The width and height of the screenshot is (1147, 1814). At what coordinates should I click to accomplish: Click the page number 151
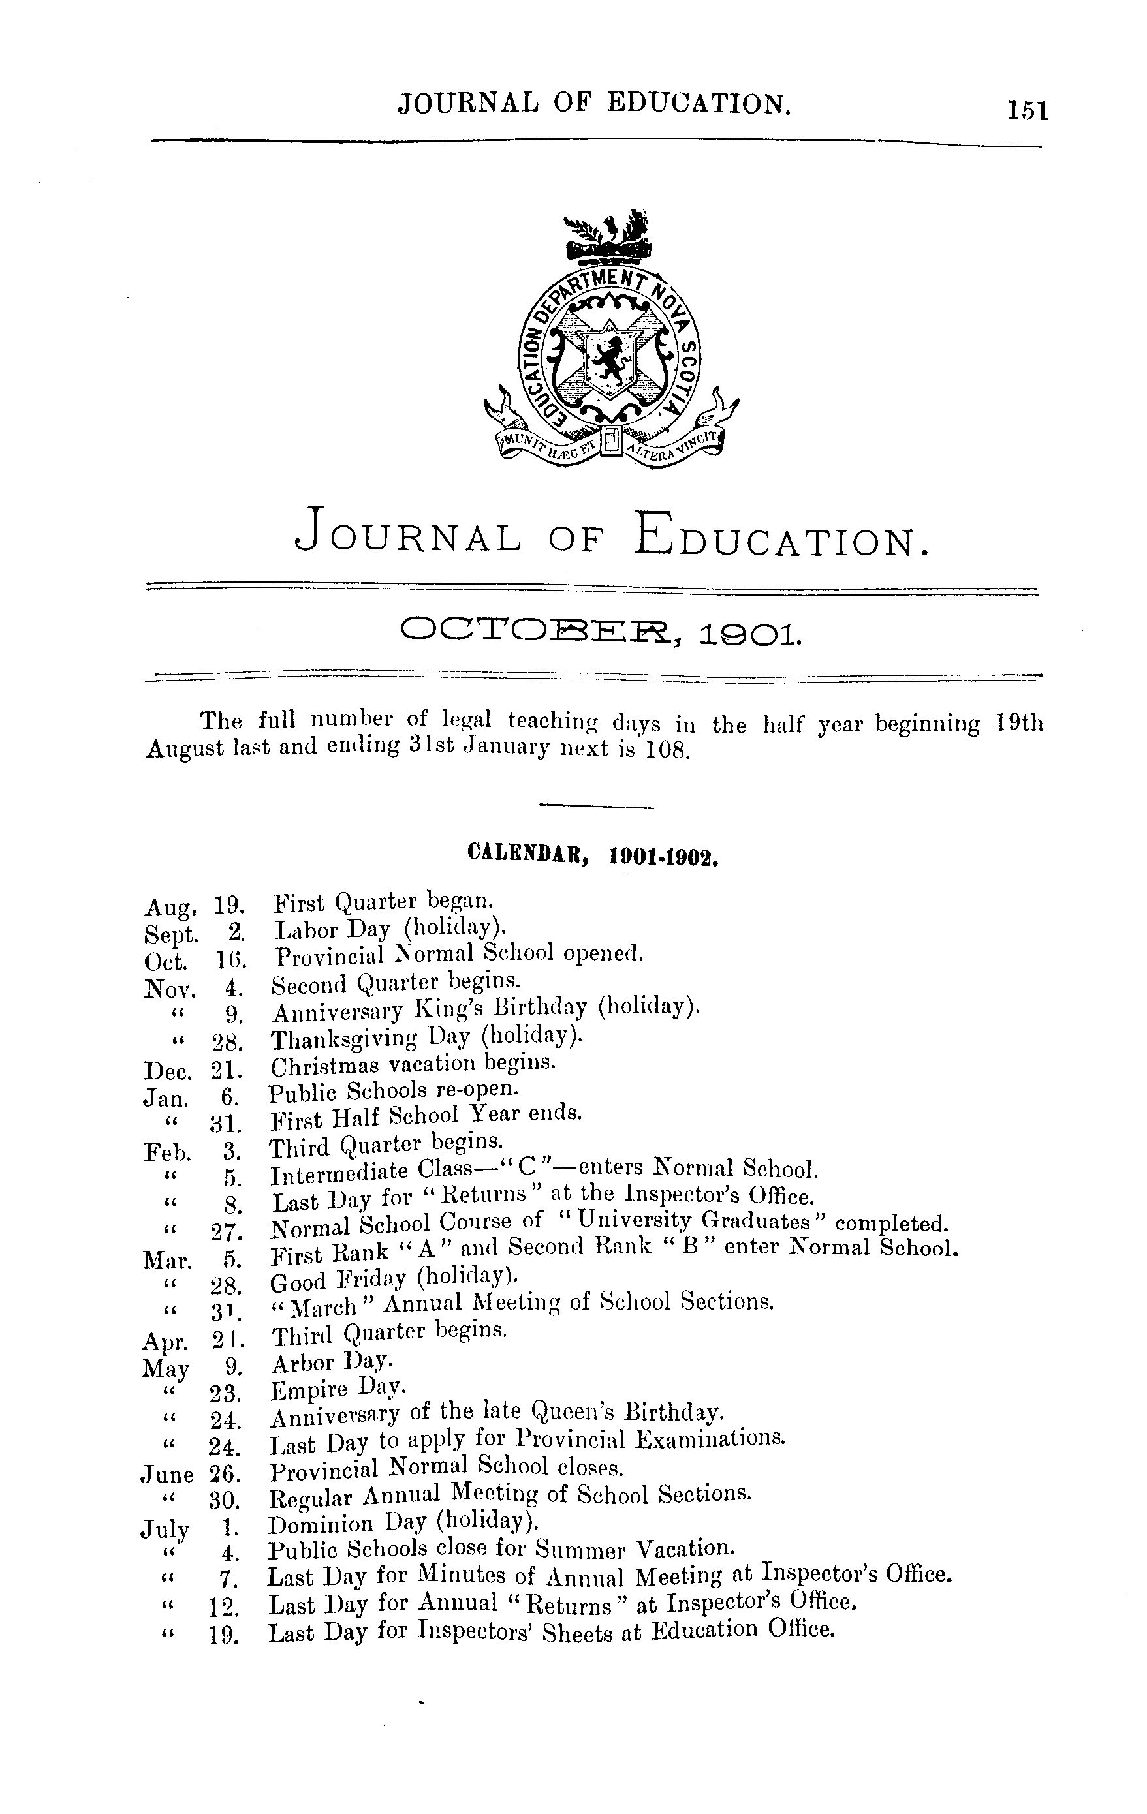[x=1026, y=111]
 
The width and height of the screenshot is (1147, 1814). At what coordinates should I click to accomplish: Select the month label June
[x=166, y=1474]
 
